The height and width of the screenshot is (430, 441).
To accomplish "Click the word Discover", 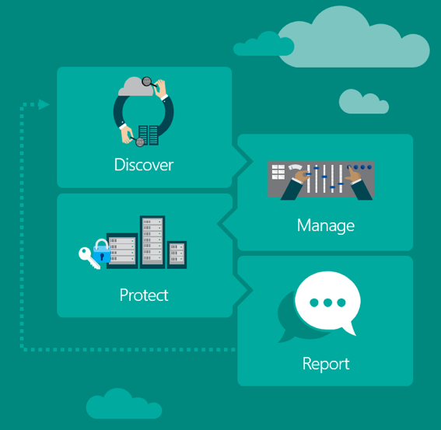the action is (x=144, y=165).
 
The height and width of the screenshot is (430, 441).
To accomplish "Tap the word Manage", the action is (x=326, y=225).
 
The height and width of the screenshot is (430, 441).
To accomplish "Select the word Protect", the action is (x=144, y=295).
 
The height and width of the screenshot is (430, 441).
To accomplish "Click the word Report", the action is (x=326, y=364).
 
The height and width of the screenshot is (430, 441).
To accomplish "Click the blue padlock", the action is (x=102, y=251).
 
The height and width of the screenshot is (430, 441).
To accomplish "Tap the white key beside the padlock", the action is (x=88, y=257).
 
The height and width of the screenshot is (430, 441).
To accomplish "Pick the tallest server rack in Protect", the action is (x=152, y=242).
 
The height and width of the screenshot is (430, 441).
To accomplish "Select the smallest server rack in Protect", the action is (x=177, y=254).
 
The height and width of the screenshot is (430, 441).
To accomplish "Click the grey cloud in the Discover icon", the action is (x=135, y=86).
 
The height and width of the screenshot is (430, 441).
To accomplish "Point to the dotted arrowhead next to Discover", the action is (x=44, y=104).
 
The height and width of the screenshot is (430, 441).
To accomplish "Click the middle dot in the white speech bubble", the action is (x=327, y=302).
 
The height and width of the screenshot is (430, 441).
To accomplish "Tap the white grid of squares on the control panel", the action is (x=278, y=172).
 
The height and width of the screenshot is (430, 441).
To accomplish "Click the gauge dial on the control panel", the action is (x=295, y=167).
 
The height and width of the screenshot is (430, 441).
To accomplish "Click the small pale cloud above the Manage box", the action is (x=364, y=102).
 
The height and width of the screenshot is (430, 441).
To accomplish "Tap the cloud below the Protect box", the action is (x=124, y=404).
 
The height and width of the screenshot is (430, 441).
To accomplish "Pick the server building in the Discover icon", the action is (x=149, y=135).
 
